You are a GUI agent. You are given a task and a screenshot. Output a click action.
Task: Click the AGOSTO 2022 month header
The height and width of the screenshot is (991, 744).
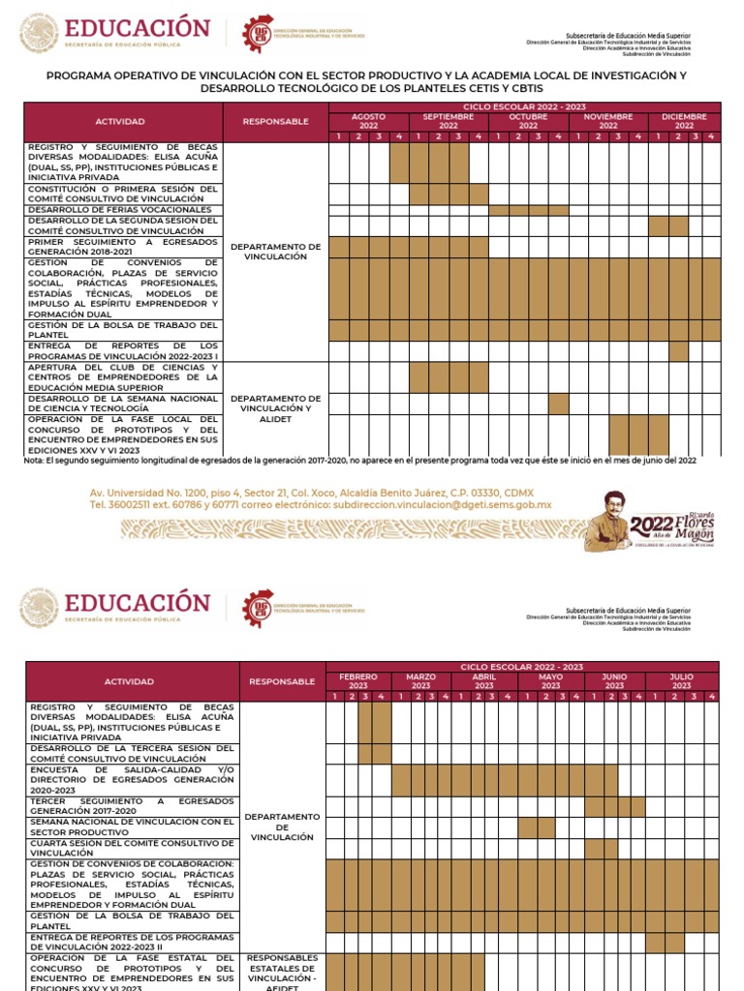click(x=368, y=121)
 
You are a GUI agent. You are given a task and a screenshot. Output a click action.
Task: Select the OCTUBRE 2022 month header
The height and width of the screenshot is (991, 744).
click(x=528, y=121)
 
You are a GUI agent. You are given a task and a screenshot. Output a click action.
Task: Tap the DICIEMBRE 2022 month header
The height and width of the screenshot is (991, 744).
click(x=684, y=121)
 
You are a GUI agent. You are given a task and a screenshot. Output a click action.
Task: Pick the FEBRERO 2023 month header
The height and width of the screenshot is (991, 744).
click(x=358, y=681)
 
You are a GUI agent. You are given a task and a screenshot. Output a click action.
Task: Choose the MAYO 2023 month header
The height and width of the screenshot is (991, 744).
click(x=550, y=681)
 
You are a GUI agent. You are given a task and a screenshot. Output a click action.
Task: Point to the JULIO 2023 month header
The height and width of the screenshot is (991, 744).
click(x=682, y=681)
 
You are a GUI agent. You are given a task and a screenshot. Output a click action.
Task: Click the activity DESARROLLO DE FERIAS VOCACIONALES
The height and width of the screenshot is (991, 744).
click(x=120, y=209)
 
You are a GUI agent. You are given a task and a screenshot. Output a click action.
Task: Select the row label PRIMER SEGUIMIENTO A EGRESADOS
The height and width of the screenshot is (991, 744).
click(x=123, y=247)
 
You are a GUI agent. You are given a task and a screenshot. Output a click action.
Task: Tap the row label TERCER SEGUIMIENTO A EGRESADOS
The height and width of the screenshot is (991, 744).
click(x=132, y=806)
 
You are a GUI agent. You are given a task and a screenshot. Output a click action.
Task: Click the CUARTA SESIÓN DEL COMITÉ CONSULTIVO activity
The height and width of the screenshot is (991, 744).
click(x=132, y=848)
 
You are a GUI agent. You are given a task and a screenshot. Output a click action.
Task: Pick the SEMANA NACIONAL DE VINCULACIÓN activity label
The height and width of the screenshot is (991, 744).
click(x=132, y=826)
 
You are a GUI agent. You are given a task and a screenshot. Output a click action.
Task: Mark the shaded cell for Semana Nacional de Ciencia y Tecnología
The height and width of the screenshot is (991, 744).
click(x=558, y=404)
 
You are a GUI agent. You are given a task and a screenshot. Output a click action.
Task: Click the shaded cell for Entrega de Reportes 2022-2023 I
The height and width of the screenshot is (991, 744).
click(x=678, y=350)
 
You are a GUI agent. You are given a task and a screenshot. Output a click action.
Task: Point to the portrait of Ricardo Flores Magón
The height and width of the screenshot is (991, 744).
click(x=607, y=522)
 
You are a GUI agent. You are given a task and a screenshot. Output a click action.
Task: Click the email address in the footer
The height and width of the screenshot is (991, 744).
click(x=442, y=504)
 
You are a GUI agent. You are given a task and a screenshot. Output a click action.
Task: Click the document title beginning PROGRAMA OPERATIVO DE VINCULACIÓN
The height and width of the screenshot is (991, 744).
click(x=372, y=81)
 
